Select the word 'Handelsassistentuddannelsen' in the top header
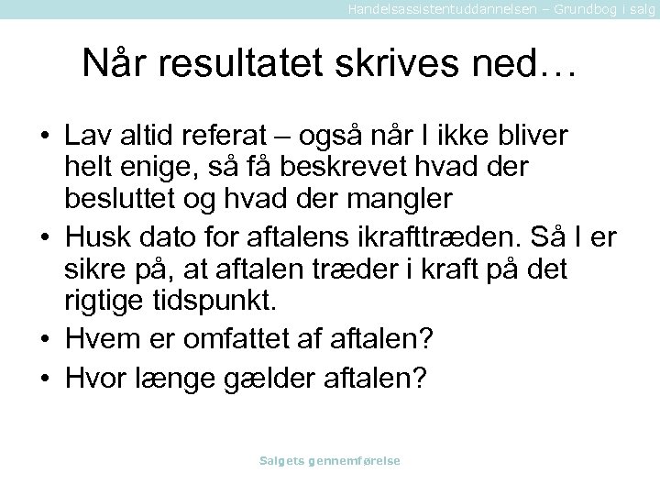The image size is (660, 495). (430, 8)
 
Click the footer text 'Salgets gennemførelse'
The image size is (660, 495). (330, 460)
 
